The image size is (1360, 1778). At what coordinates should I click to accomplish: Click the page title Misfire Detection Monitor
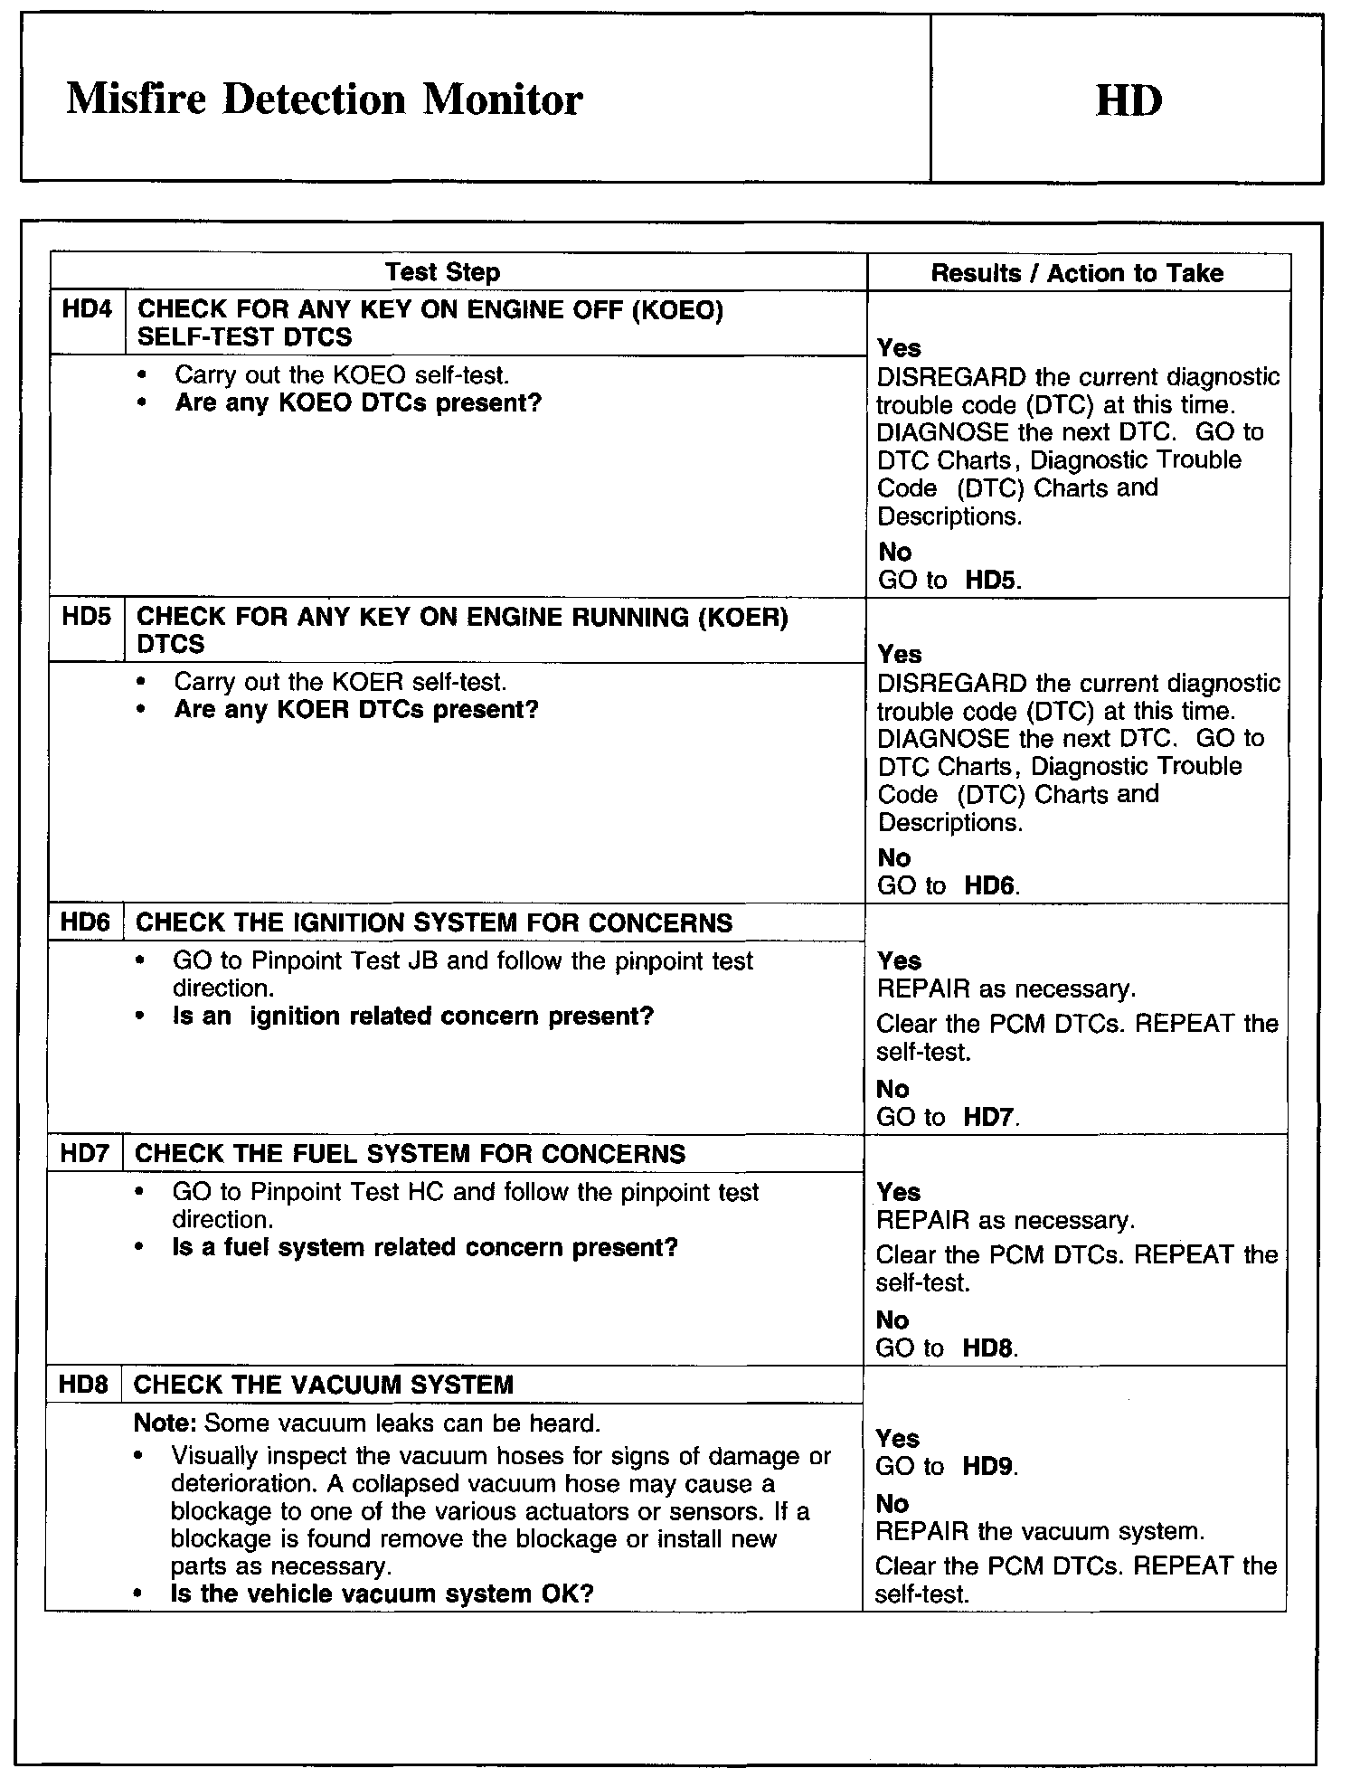pos(324,99)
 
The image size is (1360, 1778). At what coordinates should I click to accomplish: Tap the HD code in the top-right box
pos(1129,99)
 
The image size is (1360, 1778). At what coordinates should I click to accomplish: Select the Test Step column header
pos(442,272)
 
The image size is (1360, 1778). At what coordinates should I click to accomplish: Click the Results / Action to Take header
pos(1077,273)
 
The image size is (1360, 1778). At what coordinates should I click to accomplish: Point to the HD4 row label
pos(87,310)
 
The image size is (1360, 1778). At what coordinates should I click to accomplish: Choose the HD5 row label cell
pos(86,617)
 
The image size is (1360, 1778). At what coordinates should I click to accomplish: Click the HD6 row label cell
pos(85,922)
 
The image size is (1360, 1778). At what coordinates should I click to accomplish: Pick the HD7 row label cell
pos(84,1154)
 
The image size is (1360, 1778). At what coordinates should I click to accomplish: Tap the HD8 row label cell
pos(83,1385)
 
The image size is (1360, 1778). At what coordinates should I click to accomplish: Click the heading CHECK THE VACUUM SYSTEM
pos(323,1385)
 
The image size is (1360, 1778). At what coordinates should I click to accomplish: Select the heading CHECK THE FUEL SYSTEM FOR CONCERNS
pos(410,1154)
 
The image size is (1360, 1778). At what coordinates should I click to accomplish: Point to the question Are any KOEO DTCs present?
pos(358,402)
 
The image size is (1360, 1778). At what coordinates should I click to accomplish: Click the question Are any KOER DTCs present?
pos(356,709)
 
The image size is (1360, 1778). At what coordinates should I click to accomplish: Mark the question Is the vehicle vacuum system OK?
pos(382,1594)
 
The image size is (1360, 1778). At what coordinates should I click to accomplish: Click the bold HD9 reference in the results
pos(987,1466)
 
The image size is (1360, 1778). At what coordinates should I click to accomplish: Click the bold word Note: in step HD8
pos(165,1423)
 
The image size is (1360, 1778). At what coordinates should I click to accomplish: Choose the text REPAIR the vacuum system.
pos(1040,1531)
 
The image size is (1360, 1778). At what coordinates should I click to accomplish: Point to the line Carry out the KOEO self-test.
pos(341,374)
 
